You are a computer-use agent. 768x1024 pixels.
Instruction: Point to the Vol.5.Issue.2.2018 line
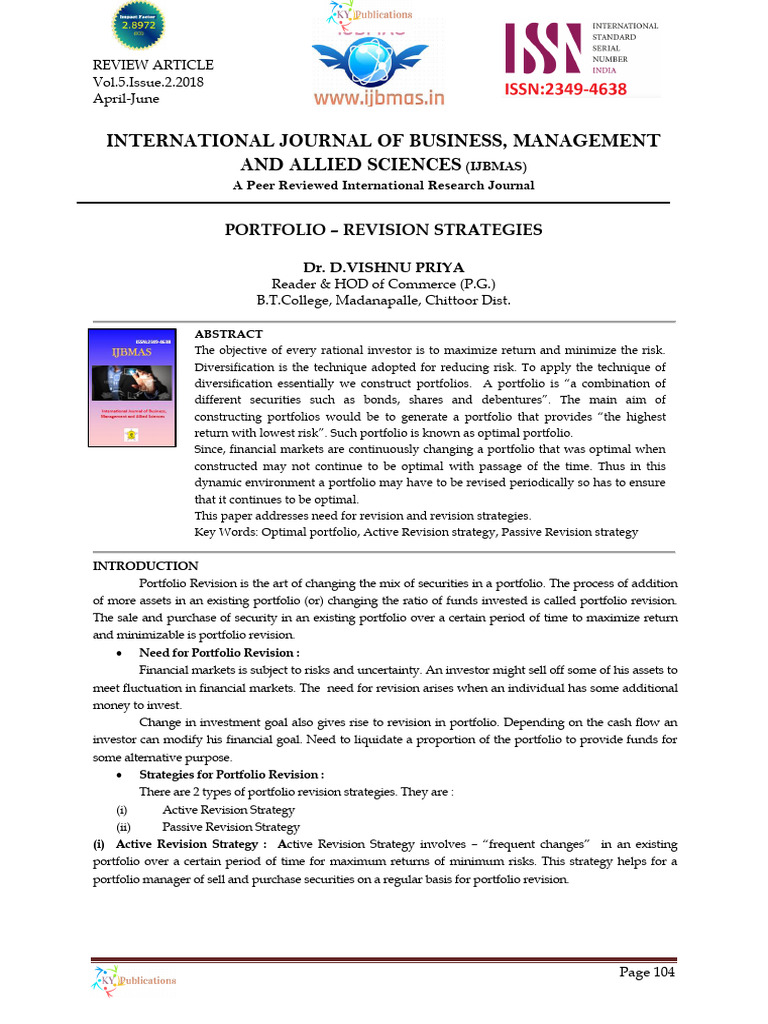(x=148, y=82)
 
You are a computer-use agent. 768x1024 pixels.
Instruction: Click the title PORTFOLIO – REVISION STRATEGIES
(x=384, y=230)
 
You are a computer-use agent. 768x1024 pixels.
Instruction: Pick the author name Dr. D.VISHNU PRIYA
(x=384, y=267)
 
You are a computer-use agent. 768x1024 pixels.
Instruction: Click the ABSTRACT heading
(x=228, y=334)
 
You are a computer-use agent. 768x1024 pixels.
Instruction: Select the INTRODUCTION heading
(x=145, y=566)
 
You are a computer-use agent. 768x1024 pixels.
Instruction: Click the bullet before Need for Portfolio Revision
(x=119, y=653)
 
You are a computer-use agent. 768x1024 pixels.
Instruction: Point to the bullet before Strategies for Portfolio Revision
(x=119, y=775)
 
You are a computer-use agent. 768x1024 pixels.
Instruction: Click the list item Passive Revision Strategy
(x=231, y=827)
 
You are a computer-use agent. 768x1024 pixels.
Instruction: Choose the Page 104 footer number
(x=647, y=972)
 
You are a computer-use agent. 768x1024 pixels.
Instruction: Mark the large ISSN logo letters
(x=544, y=50)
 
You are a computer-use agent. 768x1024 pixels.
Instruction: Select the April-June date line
(x=125, y=98)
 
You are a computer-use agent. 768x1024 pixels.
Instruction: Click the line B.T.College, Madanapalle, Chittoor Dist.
(x=384, y=301)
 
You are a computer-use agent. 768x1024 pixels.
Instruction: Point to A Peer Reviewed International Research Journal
(x=384, y=185)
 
